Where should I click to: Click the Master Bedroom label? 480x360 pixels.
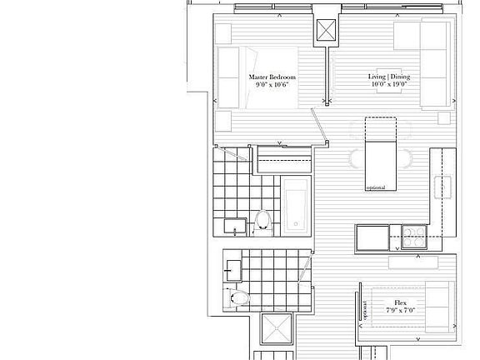click(x=272, y=77)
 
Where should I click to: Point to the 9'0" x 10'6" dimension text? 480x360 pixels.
click(x=272, y=84)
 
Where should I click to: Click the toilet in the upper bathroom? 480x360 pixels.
click(x=263, y=221)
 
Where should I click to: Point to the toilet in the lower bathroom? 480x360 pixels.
click(x=238, y=297)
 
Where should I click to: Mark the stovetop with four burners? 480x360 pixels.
click(x=412, y=236)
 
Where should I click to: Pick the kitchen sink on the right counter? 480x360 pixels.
click(x=441, y=183)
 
